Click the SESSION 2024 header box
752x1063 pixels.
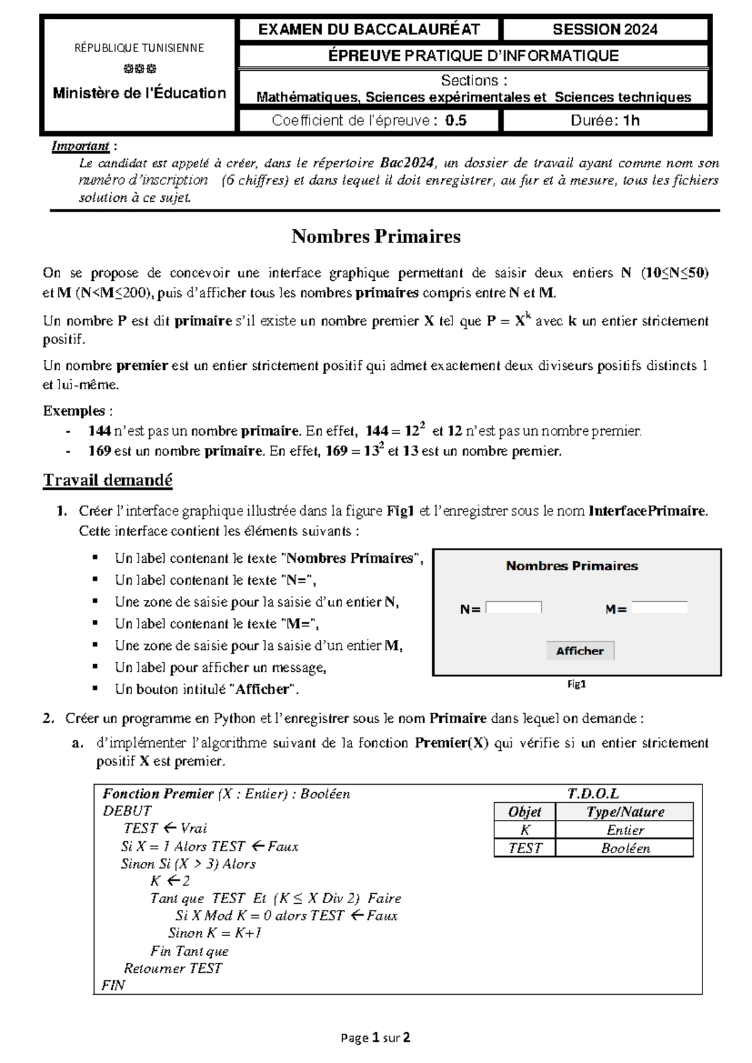(x=605, y=29)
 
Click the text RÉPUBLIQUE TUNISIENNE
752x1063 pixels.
(x=139, y=48)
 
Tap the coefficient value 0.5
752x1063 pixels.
(x=456, y=120)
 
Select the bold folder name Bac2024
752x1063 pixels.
(x=407, y=163)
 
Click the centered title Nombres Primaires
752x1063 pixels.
(x=376, y=236)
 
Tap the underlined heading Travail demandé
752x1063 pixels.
(x=107, y=480)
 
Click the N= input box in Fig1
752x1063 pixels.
(x=513, y=607)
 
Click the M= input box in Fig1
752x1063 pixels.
(x=659, y=607)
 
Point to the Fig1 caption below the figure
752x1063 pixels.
(x=576, y=684)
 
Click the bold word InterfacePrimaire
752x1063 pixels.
(x=647, y=511)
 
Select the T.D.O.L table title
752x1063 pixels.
(x=593, y=793)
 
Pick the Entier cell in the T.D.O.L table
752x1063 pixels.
(x=625, y=830)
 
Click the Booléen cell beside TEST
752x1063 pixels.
(x=625, y=848)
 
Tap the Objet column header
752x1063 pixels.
(x=525, y=812)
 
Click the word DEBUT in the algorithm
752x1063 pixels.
(x=127, y=811)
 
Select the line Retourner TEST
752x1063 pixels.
(x=173, y=968)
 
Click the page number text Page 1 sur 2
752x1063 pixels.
(x=376, y=1037)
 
